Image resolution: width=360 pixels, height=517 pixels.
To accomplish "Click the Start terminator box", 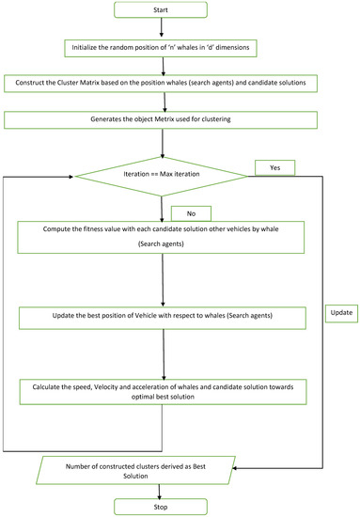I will tap(164, 11).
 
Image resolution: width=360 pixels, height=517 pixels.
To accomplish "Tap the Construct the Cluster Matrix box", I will tap(164, 85).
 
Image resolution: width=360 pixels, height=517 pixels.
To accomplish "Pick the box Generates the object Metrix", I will tap(164, 119).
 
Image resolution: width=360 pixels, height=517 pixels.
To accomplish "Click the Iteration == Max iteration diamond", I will tap(164, 174).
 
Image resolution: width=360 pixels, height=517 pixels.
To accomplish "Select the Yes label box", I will tap(274, 167).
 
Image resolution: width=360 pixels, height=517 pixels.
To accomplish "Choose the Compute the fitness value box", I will tap(164, 236).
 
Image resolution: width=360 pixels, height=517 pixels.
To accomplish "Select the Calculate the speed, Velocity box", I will tap(164, 390).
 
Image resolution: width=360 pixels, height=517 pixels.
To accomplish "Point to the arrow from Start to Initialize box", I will tap(164, 30).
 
